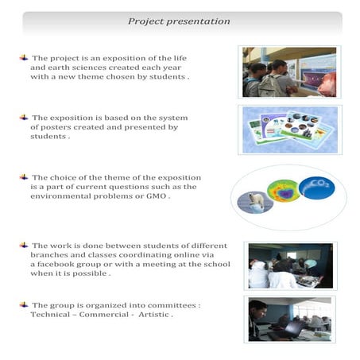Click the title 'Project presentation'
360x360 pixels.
click(x=179, y=21)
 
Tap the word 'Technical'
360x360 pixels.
click(x=52, y=315)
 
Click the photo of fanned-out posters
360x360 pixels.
click(x=289, y=129)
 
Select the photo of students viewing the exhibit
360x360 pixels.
click(x=289, y=72)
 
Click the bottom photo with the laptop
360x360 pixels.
click(x=289, y=319)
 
